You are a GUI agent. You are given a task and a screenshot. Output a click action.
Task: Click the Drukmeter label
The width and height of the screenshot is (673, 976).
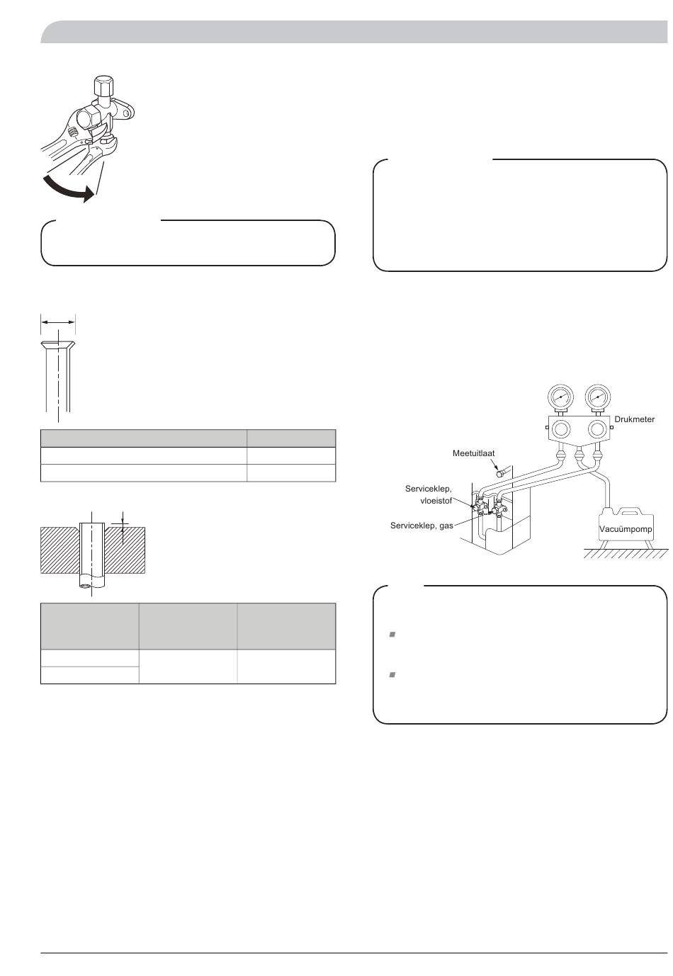coord(634,419)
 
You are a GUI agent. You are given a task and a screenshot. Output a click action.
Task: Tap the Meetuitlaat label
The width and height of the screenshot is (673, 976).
coord(473,453)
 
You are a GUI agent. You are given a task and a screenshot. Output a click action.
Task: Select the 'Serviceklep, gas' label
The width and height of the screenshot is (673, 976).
coord(422,526)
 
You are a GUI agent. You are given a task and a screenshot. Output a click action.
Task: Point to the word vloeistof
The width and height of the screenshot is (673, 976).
coord(436,501)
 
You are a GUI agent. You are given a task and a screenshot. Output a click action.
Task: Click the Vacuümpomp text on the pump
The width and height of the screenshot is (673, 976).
coord(626,529)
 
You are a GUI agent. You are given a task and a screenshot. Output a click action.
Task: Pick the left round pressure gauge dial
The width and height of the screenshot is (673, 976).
coord(560,397)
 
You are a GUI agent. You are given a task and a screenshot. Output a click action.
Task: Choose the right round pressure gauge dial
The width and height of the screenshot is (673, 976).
coord(597,397)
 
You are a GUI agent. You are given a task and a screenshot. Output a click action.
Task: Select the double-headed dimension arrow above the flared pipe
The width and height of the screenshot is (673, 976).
coord(58,322)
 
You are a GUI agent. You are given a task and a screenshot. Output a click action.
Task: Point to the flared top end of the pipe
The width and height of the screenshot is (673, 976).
coord(58,346)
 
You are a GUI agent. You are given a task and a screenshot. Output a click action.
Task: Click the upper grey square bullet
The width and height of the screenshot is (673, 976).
coord(392,635)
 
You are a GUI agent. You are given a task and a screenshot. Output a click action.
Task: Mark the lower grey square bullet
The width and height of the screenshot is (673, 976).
coord(392,675)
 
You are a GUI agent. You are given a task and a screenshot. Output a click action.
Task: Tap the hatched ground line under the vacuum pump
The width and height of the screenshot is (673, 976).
coord(626,553)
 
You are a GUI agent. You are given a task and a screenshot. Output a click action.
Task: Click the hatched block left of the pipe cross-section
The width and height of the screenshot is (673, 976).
coord(60,550)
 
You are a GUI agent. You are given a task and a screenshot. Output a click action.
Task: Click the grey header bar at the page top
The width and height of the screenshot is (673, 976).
coord(354,32)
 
